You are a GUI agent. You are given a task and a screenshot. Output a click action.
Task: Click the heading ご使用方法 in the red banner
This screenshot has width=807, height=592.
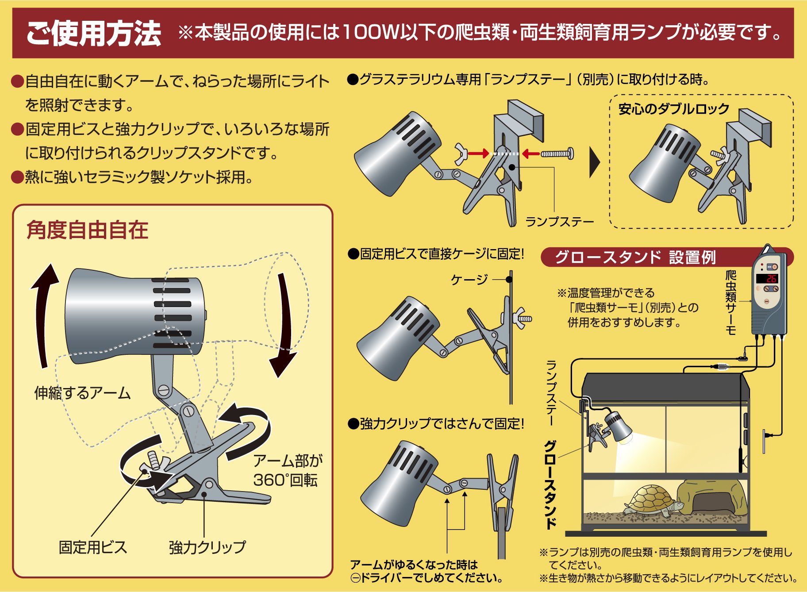pyautogui.click(x=93, y=33)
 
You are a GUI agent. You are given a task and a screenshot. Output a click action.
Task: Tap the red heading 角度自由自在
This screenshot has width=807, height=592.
pyautogui.click(x=87, y=230)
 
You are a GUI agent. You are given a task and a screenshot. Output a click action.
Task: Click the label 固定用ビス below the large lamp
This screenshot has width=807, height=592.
pyautogui.click(x=93, y=547)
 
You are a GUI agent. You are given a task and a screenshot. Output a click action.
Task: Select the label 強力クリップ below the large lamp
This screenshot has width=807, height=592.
pyautogui.click(x=207, y=547)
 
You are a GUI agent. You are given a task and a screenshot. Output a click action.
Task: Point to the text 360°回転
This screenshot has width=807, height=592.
pyautogui.click(x=285, y=480)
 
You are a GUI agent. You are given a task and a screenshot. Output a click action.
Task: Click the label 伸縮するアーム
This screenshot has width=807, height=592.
pyautogui.click(x=82, y=392)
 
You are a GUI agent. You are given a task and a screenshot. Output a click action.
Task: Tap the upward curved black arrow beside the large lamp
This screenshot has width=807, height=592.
pyautogui.click(x=44, y=314)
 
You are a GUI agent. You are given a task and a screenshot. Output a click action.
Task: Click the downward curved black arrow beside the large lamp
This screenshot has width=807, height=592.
pyautogui.click(x=283, y=327)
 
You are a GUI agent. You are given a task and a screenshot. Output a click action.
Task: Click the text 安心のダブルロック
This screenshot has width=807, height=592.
pyautogui.click(x=673, y=109)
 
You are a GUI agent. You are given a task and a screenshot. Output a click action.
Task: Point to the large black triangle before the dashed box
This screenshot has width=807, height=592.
pyautogui.click(x=595, y=162)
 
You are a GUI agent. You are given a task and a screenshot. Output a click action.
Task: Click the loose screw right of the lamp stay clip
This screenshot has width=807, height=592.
pyautogui.click(x=557, y=154)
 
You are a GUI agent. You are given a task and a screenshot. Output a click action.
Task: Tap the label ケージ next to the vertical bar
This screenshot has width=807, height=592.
pyautogui.click(x=469, y=279)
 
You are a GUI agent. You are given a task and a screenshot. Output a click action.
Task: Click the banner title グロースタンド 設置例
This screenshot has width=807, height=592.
pyautogui.click(x=635, y=257)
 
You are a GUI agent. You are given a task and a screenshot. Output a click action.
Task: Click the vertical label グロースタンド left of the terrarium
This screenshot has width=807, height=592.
pyautogui.click(x=550, y=484)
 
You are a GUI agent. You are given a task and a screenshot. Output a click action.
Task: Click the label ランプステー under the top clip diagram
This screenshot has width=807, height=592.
pyautogui.click(x=559, y=222)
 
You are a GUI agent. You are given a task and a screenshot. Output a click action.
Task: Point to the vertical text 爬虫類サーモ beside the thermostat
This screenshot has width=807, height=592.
pyautogui.click(x=730, y=303)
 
